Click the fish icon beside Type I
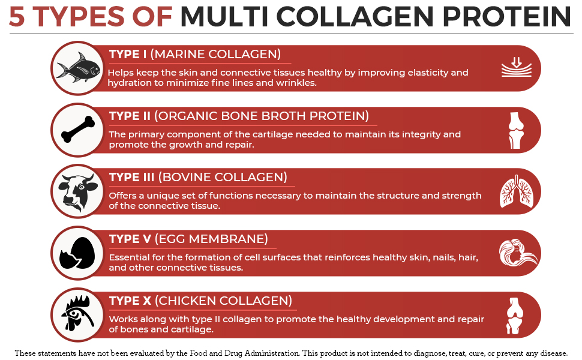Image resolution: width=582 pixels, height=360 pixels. [x=77, y=68]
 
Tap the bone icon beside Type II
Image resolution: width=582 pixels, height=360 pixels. [x=77, y=130]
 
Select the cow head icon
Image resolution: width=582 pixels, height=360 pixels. [x=77, y=191]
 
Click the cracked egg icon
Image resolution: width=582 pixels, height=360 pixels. [x=77, y=253]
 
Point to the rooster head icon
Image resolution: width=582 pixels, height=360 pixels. [x=77, y=314]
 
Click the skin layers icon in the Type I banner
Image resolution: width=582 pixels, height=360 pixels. [x=515, y=68]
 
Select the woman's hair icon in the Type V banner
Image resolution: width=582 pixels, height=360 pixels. [x=515, y=253]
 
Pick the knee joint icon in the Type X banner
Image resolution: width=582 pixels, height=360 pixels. [x=515, y=315]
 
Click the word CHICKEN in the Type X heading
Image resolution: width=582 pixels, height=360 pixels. [x=194, y=301]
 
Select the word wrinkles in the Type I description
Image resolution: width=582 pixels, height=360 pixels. [x=295, y=83]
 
